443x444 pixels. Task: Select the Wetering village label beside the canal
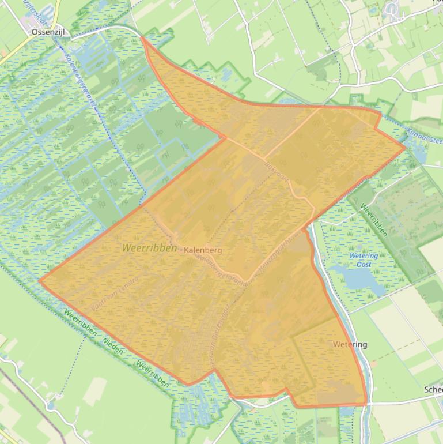point(350,345)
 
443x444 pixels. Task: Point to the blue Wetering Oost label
point(364,260)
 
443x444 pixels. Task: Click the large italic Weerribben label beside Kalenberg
point(149,247)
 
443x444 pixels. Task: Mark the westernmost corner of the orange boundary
point(40,281)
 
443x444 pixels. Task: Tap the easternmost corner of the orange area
point(405,148)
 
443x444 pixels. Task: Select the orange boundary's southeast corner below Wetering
point(366,404)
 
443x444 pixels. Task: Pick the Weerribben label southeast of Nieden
point(153,374)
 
